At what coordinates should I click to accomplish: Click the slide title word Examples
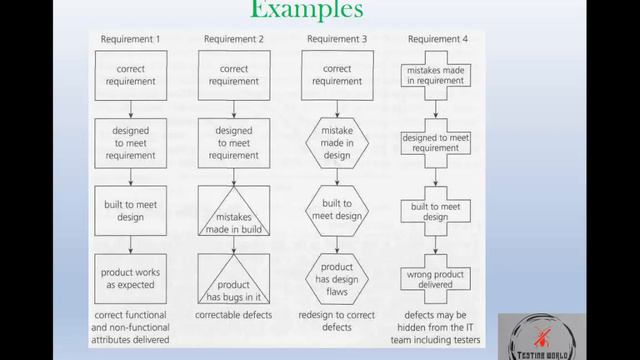[x=307, y=9]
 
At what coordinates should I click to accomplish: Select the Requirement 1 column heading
[x=130, y=39]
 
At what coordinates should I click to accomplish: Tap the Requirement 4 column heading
[x=438, y=39]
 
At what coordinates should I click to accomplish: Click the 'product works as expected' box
[x=131, y=279]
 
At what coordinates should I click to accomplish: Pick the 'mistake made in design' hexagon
[x=337, y=143]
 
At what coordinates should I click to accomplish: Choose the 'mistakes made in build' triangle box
[x=234, y=211]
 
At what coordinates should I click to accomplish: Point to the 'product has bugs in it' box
[x=234, y=279]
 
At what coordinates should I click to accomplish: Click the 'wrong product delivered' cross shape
[x=436, y=279]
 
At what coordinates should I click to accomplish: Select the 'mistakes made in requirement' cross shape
[x=436, y=76]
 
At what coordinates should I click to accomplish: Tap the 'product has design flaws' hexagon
[x=337, y=279]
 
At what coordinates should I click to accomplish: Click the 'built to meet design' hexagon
[x=337, y=211]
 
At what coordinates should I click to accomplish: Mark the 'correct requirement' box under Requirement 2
[x=234, y=76]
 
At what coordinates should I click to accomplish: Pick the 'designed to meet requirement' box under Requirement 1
[x=131, y=143]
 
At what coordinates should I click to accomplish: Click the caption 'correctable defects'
[x=233, y=315]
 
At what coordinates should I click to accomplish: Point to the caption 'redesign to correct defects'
[x=337, y=321]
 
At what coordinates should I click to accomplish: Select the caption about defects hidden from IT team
[x=436, y=327]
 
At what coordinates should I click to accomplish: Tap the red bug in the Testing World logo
[x=542, y=337]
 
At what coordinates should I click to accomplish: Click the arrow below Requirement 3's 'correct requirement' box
[x=337, y=109]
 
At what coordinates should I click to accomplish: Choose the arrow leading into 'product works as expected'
[x=131, y=245]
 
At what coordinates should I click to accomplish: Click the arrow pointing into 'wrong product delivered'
[x=436, y=245]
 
